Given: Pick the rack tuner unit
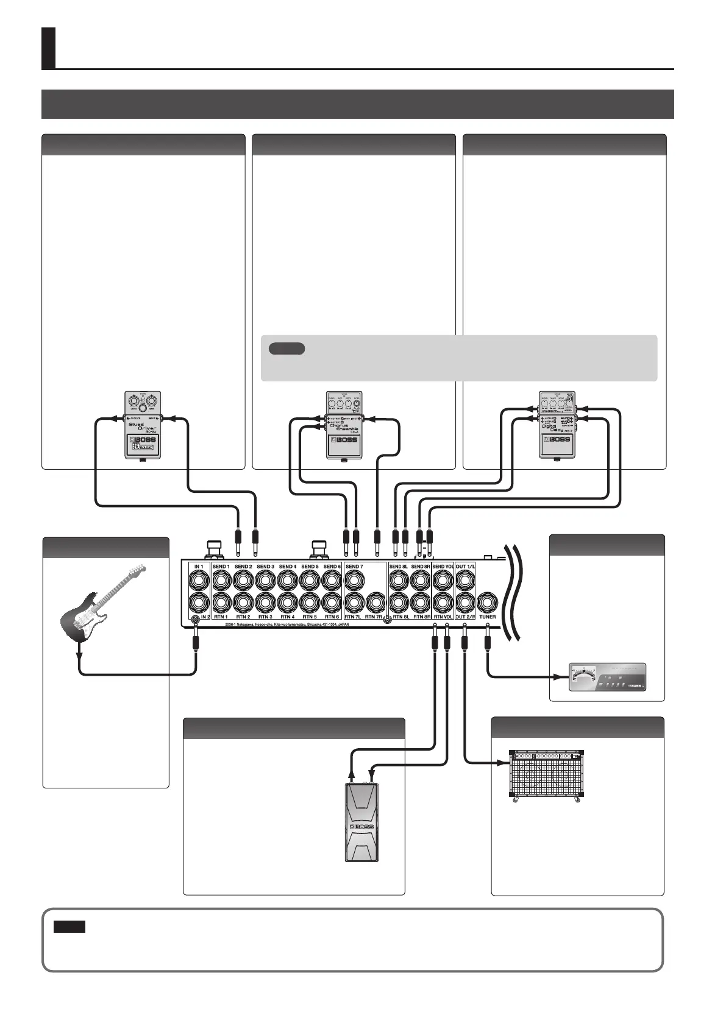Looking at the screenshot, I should [x=606, y=677].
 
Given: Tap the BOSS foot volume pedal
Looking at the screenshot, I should [x=361, y=822].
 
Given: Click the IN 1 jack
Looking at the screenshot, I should [x=199, y=580].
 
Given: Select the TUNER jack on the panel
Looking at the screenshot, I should [x=487, y=603].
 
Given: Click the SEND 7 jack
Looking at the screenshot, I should [x=354, y=580].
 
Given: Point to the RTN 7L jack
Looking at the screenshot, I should [x=354, y=603].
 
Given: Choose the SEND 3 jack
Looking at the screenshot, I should [x=265, y=580].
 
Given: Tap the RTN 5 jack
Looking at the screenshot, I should [x=310, y=603].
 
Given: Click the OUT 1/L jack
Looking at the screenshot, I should [x=465, y=580].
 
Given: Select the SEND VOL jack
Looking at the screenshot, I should [x=443, y=580].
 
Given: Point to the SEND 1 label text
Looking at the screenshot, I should [x=221, y=567].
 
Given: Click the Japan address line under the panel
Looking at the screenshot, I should [x=286, y=624].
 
